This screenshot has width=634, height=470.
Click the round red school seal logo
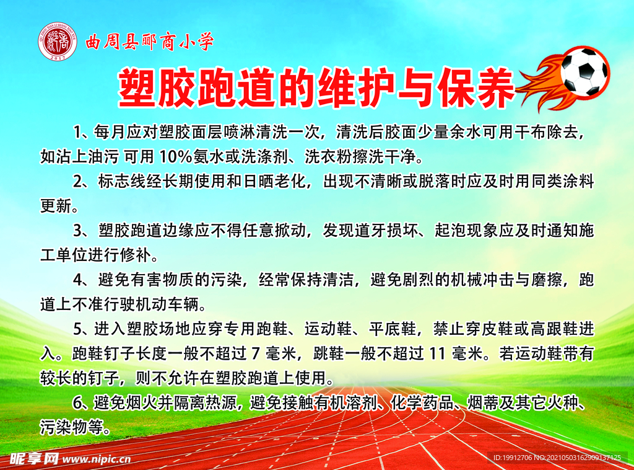coord(58,42)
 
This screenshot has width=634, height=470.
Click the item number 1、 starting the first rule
coord(82,131)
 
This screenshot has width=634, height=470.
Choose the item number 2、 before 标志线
coord(82,182)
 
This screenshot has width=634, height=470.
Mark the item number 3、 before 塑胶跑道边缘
coord(82,231)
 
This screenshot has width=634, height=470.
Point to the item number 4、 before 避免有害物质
coord(82,280)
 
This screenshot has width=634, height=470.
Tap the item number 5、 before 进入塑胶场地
coord(82,329)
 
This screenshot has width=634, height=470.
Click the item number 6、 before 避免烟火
coord(82,403)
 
